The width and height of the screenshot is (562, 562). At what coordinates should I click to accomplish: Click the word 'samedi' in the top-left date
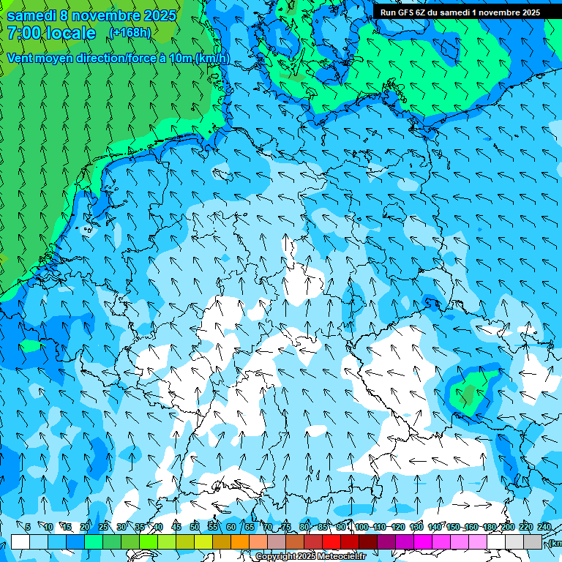click(x=32, y=15)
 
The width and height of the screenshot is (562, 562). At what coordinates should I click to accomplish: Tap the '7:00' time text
click(x=23, y=34)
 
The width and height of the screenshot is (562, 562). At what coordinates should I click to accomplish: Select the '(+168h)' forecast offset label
click(x=130, y=33)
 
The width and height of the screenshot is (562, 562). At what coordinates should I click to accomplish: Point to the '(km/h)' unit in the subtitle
click(x=211, y=59)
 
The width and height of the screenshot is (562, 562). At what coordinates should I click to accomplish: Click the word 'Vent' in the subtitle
click(x=21, y=59)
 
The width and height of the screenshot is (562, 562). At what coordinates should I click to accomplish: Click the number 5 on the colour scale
click(x=28, y=527)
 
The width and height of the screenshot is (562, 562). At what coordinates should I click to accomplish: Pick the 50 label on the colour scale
click(x=195, y=527)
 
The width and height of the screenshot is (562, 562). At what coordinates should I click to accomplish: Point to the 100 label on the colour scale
click(x=361, y=527)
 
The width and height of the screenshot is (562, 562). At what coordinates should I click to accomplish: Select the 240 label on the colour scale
click(x=544, y=527)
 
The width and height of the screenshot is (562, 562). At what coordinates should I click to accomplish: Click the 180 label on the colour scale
click(x=490, y=527)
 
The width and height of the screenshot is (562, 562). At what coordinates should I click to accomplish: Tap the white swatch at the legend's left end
click(x=20, y=542)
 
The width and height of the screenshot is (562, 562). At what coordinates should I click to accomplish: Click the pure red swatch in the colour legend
click(x=331, y=542)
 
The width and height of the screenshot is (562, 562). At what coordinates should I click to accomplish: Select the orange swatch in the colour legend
click(x=240, y=542)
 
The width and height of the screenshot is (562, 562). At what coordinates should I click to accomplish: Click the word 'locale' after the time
click(x=70, y=34)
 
